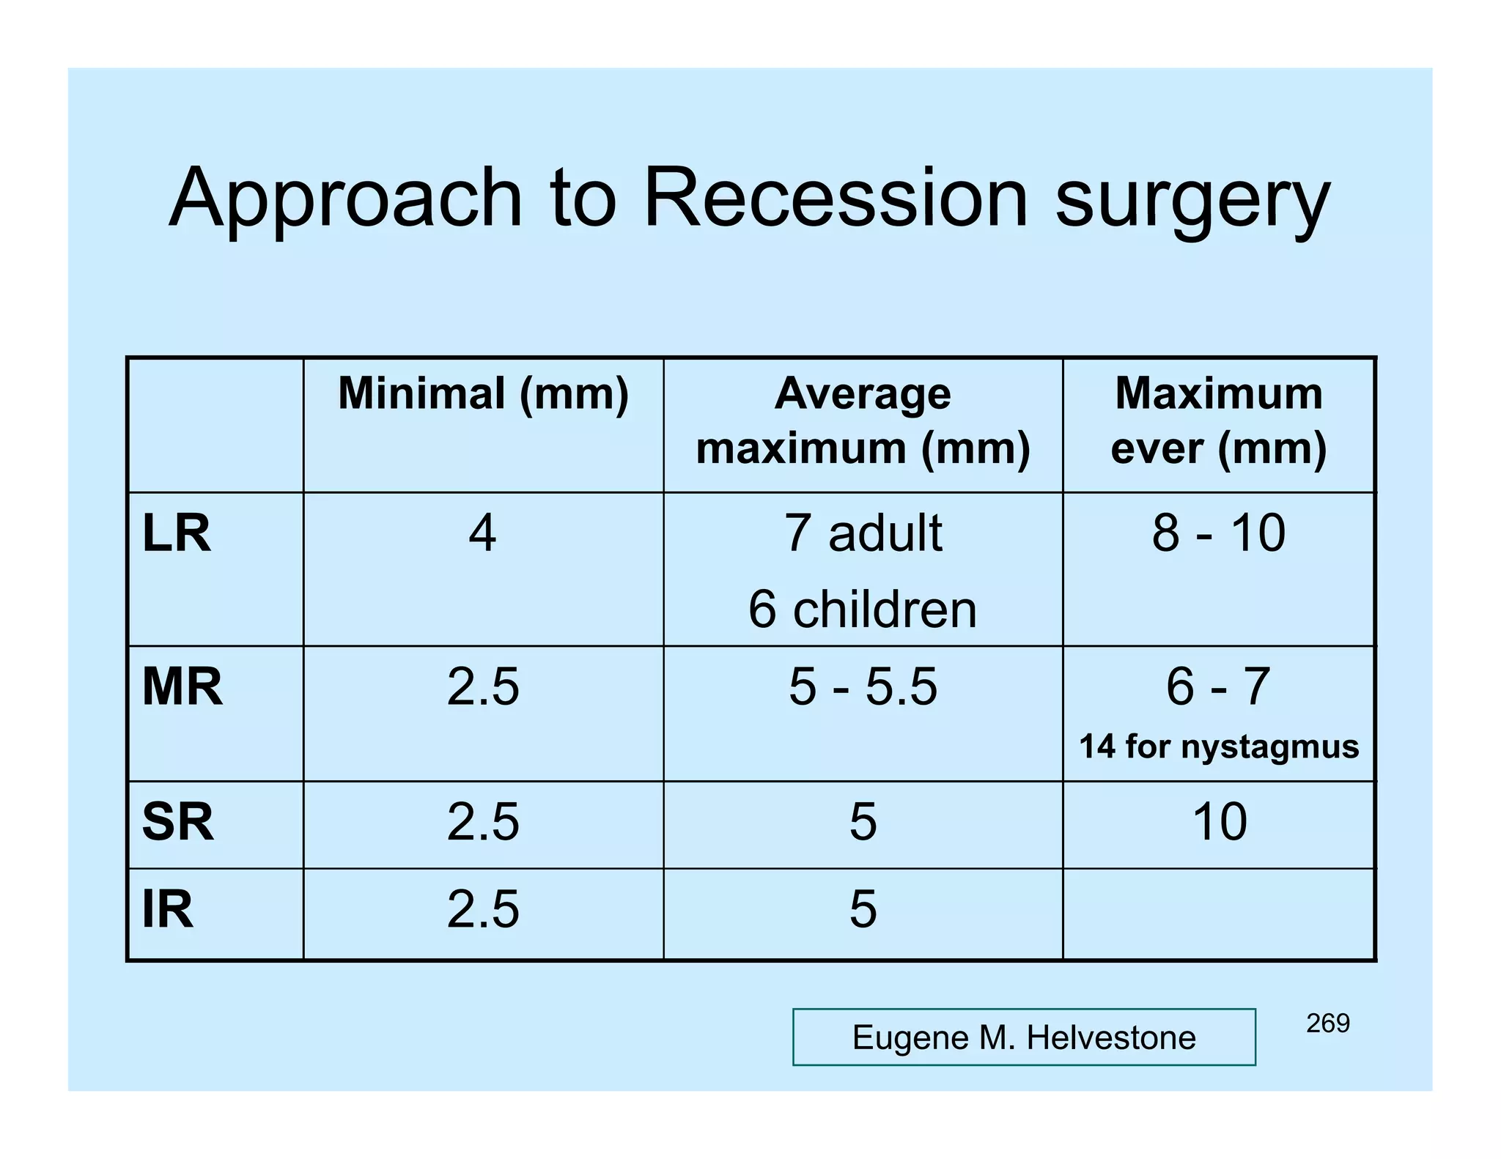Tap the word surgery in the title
(1192, 201)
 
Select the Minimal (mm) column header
(483, 394)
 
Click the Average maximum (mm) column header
(863, 421)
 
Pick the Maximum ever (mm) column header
(1219, 421)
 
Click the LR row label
(177, 533)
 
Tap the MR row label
(182, 687)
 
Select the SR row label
(178, 822)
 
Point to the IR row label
(168, 910)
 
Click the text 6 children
(863, 610)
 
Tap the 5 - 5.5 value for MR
(863, 687)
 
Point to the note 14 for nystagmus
(1219, 747)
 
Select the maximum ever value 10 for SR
(1220, 822)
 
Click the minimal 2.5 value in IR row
(483, 910)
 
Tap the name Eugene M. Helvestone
(1024, 1037)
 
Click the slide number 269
(1327, 1023)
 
